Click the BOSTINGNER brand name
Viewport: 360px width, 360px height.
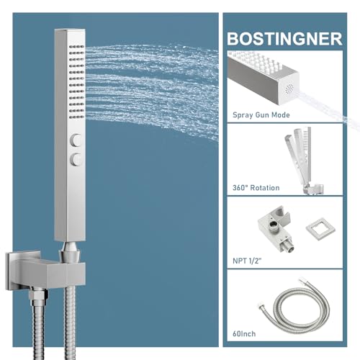point(284,39)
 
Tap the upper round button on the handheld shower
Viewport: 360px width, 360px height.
point(76,140)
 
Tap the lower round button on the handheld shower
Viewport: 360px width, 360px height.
point(76,159)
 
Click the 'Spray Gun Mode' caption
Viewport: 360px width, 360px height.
point(261,115)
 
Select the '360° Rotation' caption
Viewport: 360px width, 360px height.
point(256,188)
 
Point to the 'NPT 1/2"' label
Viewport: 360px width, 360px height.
point(247,261)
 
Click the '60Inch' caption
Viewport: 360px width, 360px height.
point(244,334)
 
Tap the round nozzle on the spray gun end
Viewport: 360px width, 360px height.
point(289,89)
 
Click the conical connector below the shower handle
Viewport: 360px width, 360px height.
point(70,252)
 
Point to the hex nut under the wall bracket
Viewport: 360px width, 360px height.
point(38,295)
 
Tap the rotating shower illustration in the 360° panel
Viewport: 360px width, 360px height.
point(304,161)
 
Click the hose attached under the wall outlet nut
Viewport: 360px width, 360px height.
point(38,330)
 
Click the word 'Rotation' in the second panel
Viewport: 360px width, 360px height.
point(265,188)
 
